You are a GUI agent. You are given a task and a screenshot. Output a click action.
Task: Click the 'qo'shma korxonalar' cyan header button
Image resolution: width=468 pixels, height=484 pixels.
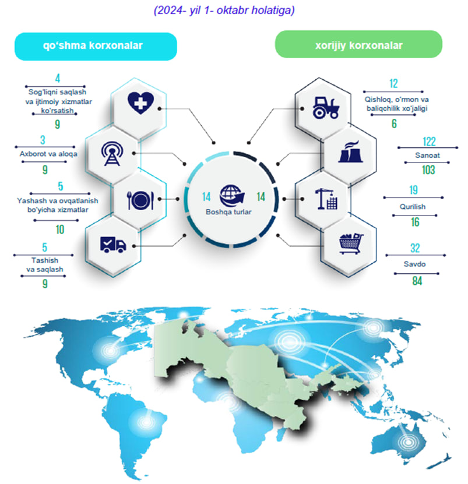click(96, 46)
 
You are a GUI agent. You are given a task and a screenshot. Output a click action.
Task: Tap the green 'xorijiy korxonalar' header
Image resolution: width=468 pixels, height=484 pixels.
click(358, 44)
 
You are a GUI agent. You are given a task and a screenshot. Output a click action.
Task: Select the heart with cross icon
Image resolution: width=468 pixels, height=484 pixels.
click(140, 103)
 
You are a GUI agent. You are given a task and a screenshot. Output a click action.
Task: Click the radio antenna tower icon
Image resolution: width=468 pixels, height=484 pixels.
click(112, 153)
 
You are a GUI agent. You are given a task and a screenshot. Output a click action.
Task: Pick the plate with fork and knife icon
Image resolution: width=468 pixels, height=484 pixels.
click(140, 200)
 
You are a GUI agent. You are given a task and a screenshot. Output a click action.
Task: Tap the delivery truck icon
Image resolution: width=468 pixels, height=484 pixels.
click(113, 245)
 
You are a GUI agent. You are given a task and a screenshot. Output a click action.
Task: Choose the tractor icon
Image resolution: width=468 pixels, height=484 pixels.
click(326, 108)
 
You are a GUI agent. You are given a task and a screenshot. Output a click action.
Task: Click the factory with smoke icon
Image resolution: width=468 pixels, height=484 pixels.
click(351, 152)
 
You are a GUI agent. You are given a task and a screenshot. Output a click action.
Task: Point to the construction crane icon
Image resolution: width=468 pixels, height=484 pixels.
click(326, 199)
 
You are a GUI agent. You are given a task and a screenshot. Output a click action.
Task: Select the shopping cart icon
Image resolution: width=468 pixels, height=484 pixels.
click(351, 243)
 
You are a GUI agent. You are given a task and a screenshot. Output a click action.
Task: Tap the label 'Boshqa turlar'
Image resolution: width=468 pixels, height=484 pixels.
click(228, 212)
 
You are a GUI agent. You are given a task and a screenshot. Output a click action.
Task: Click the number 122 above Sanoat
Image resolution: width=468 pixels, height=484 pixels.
click(429, 142)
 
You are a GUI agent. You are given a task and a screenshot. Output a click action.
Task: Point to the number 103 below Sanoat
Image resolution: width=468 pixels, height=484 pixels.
click(428, 169)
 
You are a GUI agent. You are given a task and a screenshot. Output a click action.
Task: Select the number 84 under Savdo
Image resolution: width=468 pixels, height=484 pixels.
click(417, 281)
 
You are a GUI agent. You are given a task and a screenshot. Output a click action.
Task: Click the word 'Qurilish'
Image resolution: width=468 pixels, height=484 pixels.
click(413, 207)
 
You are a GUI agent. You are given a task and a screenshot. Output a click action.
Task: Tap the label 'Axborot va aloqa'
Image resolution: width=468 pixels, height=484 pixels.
click(48, 154)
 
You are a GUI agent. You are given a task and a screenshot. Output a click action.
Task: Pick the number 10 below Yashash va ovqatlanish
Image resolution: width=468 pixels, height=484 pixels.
click(60, 229)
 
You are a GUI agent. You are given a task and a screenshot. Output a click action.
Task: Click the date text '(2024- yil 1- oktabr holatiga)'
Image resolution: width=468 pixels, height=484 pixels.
click(224, 10)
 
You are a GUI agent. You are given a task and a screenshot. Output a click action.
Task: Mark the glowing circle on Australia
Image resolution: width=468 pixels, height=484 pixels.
click(408, 442)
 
